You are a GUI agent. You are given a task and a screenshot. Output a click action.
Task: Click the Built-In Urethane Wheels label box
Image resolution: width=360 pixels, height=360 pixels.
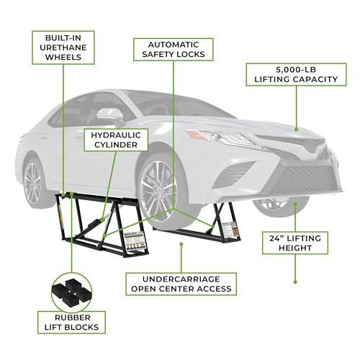[63, 48]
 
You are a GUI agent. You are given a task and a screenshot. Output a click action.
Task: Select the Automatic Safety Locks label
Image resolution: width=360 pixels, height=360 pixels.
[174, 50]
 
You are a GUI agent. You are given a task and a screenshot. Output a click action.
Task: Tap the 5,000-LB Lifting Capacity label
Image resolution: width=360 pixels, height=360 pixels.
[296, 74]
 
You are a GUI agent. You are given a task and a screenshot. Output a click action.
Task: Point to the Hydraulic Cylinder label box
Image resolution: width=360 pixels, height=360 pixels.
[116, 140]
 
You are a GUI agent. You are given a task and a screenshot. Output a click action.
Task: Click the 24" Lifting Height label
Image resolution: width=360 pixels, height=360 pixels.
[295, 243]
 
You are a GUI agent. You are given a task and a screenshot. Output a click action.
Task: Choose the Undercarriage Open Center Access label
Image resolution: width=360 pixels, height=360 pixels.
[181, 284]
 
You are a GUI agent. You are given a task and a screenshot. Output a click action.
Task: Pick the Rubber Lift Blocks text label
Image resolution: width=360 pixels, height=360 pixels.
[71, 323]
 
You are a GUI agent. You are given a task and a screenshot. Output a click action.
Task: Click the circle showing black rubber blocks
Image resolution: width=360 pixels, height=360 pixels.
[71, 292]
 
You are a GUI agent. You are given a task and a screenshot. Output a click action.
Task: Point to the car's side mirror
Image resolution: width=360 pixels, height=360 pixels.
[110, 114]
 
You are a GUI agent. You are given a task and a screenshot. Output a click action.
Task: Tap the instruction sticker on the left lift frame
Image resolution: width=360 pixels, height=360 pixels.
[134, 241]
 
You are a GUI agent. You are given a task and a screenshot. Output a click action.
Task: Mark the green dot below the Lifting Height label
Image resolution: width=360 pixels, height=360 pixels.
[295, 282]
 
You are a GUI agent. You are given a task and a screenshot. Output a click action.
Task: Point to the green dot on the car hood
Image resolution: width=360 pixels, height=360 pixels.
[296, 130]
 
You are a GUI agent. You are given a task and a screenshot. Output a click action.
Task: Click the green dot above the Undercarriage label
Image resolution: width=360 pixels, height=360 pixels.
[181, 244]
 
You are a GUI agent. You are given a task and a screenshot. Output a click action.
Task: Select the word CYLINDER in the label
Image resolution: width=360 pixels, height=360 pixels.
[116, 145]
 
